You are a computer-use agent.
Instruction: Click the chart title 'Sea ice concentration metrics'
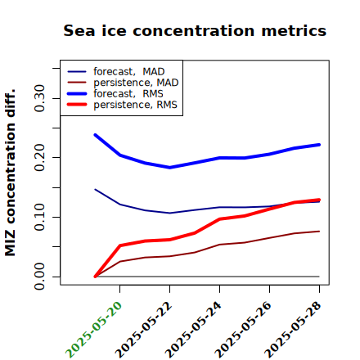pos(195,30)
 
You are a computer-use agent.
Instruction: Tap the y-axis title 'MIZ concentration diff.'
pos(10,173)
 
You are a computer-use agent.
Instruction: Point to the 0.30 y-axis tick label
pos(39,98)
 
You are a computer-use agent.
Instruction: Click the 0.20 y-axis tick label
pos(39,158)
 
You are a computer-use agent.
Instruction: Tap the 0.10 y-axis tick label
pos(39,217)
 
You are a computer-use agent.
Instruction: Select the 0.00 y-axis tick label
pos(39,277)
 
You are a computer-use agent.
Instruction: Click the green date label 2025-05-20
pos(93,330)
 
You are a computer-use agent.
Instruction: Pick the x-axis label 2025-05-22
pos(143,330)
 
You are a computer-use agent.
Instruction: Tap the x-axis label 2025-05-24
pos(193,330)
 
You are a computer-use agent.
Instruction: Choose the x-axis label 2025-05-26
pos(243,330)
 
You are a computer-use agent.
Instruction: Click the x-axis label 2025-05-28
pos(293,330)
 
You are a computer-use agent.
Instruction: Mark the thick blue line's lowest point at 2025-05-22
pos(169,168)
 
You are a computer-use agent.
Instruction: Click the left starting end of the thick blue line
pos(95,135)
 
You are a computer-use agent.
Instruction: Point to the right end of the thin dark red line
pos(319,232)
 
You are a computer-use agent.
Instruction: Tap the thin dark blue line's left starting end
pos(95,189)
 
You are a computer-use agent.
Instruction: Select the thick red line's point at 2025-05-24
pos(219,218)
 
